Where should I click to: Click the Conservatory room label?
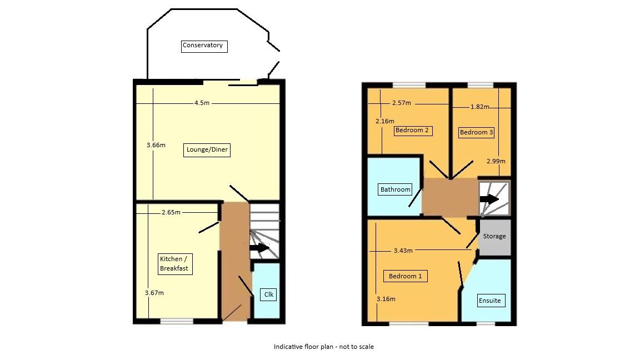pos(203,46)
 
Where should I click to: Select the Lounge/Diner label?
pos(206,150)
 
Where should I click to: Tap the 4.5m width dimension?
pos(202,103)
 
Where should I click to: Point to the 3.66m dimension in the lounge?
pos(156,145)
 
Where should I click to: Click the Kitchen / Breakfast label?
pos(174,264)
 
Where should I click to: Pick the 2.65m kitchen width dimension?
pos(171,212)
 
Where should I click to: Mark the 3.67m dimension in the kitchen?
pos(154,293)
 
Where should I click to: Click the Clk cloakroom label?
pos(268,294)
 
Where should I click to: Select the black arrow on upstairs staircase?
pos(489,199)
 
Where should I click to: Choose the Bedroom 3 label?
pos(476,132)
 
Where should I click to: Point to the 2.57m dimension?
pos(401,103)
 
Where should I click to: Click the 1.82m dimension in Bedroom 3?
pos(479,107)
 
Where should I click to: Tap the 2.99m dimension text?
pos(496,161)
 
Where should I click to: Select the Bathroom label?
pos(395,189)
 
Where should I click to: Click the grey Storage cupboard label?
pos(494,236)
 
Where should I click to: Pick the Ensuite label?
pos(489,301)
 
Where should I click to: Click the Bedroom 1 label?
pos(405,276)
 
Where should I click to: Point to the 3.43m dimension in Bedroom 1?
pos(403,251)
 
